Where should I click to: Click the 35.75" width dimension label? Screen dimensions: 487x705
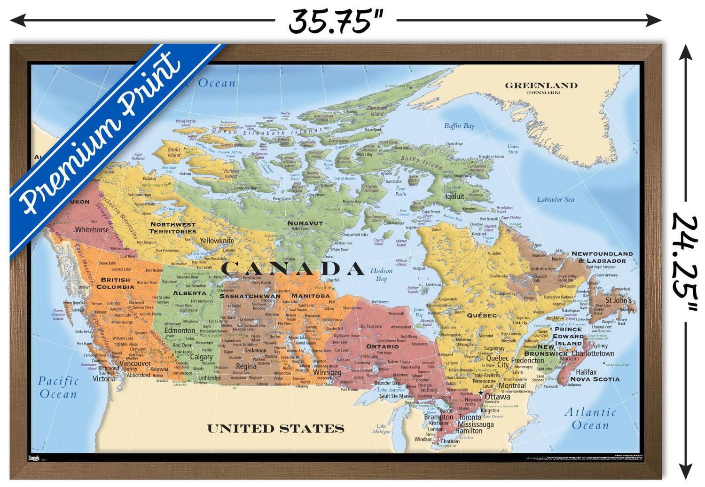point(336,21)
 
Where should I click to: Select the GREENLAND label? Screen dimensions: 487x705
point(541,86)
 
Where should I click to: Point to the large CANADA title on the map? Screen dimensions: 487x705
point(292,269)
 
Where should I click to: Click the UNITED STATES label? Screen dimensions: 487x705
point(275,429)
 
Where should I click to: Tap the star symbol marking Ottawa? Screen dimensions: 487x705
point(481,393)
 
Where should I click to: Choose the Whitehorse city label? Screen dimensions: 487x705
point(92,230)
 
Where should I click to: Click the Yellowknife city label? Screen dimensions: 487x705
point(216,241)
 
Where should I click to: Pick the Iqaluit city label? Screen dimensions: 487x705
point(454,196)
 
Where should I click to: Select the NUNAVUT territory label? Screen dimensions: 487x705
point(305,223)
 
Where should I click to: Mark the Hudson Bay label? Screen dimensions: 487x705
point(381,275)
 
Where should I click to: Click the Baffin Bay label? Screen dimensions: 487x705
point(459,126)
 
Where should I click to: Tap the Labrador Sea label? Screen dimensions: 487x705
point(556,199)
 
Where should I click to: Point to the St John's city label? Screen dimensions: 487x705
point(619,300)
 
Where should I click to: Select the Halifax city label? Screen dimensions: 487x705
point(586,372)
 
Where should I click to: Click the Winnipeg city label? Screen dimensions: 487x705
point(328,372)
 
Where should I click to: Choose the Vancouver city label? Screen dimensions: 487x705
point(135,363)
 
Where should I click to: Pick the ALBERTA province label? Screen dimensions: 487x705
point(189,293)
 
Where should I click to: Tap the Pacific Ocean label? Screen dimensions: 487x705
point(58,387)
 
